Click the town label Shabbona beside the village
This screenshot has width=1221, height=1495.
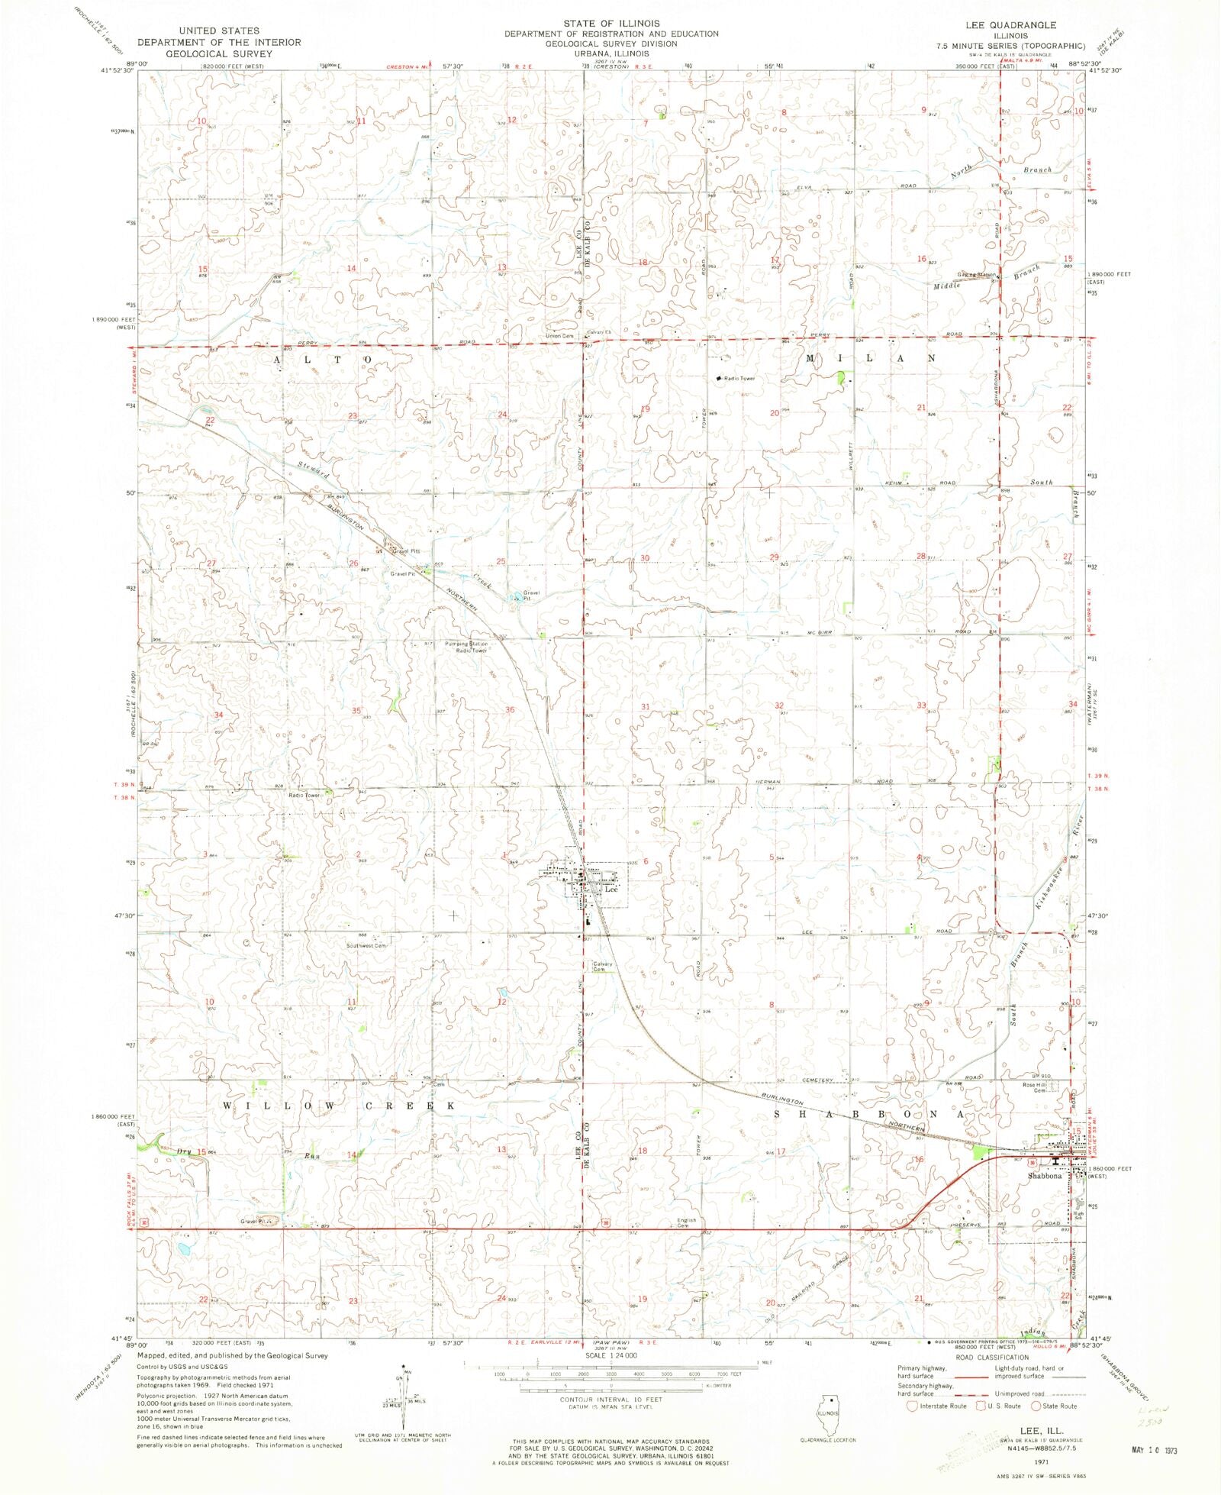[x=1044, y=1176]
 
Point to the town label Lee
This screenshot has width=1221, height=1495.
[x=610, y=890]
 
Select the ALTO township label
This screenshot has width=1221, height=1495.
[x=321, y=358]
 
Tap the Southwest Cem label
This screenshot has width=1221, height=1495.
[x=366, y=946]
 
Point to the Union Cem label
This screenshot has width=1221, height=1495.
[x=560, y=336]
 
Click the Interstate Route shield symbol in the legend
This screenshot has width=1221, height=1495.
[x=912, y=1405]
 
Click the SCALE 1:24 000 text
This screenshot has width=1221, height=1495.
[x=610, y=1355]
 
